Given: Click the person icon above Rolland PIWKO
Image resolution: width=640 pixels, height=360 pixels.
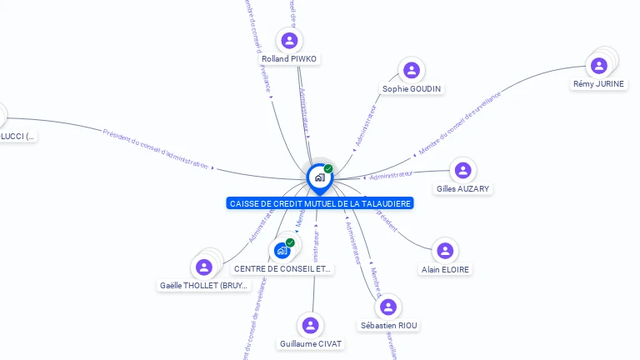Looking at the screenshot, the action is (x=289, y=40).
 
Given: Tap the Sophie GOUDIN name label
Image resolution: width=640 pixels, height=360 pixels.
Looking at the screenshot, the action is (x=412, y=89).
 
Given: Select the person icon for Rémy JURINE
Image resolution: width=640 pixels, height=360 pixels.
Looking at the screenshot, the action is (x=598, y=65).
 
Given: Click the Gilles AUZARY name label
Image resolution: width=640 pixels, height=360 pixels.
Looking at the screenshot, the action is (x=462, y=189).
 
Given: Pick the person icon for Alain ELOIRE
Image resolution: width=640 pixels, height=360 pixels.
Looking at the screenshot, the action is (x=445, y=250).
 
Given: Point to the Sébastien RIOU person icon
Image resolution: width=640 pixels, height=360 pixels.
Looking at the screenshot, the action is (x=388, y=307).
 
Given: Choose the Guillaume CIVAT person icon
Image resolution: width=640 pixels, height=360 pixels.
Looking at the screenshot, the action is (x=311, y=325).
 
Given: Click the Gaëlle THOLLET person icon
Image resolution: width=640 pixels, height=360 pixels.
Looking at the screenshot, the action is (x=202, y=267).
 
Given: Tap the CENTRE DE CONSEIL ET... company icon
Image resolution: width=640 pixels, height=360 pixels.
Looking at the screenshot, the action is (x=282, y=249).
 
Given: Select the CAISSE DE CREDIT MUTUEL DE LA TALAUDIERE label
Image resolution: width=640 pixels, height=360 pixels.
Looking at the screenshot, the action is (x=319, y=203).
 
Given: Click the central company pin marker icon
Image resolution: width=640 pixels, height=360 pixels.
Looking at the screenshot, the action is (x=318, y=177).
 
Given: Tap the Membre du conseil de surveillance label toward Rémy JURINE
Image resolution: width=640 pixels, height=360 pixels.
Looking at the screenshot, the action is (x=460, y=123).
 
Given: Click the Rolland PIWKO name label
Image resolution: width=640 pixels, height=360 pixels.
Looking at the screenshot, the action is (x=289, y=59).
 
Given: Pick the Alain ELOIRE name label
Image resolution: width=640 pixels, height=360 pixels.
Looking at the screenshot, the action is (x=445, y=270).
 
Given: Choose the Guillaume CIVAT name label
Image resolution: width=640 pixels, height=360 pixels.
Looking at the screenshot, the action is (x=311, y=344).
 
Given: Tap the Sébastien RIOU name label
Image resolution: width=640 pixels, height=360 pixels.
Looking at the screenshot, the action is (x=389, y=325).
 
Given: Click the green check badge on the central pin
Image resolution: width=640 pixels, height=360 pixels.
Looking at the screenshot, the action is (x=328, y=168).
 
